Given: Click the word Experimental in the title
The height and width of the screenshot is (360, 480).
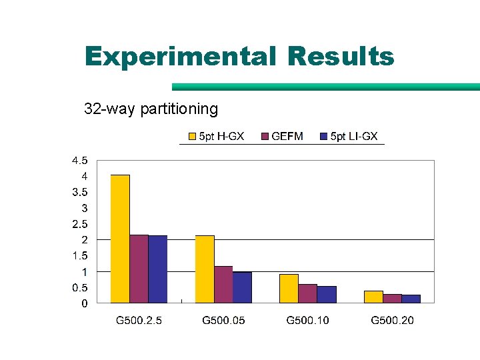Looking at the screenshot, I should point(180,57).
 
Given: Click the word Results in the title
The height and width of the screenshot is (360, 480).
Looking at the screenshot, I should point(341,57).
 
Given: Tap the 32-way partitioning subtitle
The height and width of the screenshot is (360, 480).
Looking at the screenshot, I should point(151,108).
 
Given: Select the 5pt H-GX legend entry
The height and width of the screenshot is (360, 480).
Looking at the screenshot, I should point(216,137).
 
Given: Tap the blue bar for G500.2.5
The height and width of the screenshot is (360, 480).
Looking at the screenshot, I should point(157,269).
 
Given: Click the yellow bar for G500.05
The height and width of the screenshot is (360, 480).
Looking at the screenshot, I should point(205,269).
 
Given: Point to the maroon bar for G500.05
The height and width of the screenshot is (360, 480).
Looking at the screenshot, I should point(223,285).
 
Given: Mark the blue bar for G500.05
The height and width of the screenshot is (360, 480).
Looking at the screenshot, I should point(242,287).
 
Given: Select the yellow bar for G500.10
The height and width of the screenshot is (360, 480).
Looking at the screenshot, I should point(289,289).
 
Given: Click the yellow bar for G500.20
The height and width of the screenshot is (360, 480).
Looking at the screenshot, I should point(373,297).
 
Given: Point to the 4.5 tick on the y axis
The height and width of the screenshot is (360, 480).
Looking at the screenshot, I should point(79,161).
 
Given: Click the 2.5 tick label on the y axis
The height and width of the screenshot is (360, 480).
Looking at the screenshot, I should point(79,224).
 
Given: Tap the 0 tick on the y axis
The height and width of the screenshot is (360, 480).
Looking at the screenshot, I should point(84,304).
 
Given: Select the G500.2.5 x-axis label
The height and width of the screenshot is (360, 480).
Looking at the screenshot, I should point(139,321).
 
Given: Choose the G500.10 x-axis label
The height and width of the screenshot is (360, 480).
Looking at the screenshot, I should point(307,321).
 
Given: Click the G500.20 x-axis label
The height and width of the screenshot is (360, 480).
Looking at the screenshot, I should point(392,321).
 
